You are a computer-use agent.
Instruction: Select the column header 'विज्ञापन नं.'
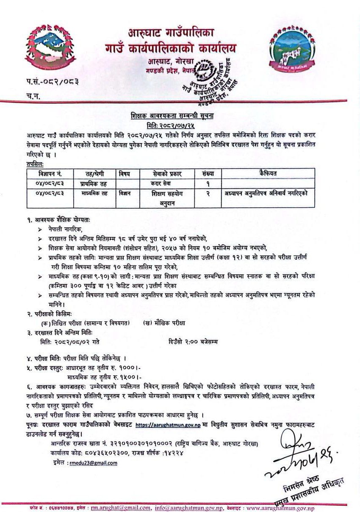[48, 173]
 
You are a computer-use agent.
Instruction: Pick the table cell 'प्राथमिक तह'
[94, 183]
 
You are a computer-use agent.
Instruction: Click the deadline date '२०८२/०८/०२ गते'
[77, 341]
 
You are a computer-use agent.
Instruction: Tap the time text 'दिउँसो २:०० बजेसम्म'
[193, 341]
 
